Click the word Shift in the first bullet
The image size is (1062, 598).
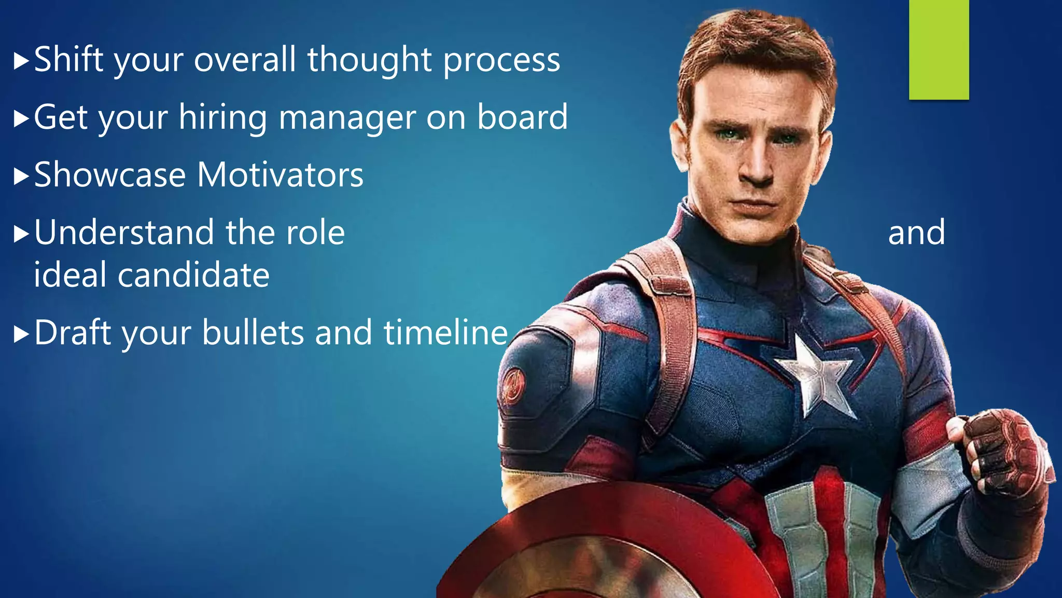click(69, 59)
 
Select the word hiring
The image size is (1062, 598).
click(223, 117)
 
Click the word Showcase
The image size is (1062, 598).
click(110, 175)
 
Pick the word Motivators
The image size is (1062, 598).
click(281, 175)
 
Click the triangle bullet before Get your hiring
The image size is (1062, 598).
click(21, 119)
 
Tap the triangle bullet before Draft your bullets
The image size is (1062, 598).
click(21, 334)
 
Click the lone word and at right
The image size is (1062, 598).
click(916, 233)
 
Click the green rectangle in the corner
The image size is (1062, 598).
click(939, 49)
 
